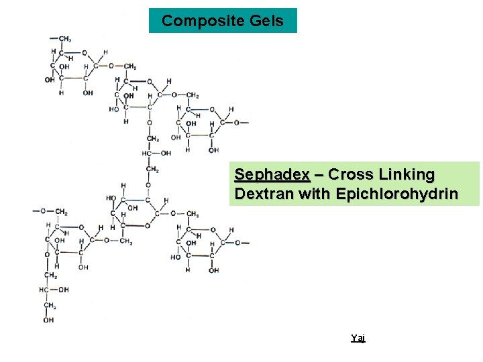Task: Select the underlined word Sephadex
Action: click(272, 175)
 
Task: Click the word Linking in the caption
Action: click(407, 175)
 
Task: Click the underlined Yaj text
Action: click(358, 339)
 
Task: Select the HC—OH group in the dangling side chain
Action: click(54, 290)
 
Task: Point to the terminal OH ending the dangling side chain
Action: click(49, 320)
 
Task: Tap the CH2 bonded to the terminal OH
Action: click(50, 306)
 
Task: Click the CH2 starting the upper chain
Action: click(64, 39)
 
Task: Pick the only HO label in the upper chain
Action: click(114, 109)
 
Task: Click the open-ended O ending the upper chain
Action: click(237, 123)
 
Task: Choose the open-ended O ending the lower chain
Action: click(236, 243)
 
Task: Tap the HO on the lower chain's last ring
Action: click(176, 257)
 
